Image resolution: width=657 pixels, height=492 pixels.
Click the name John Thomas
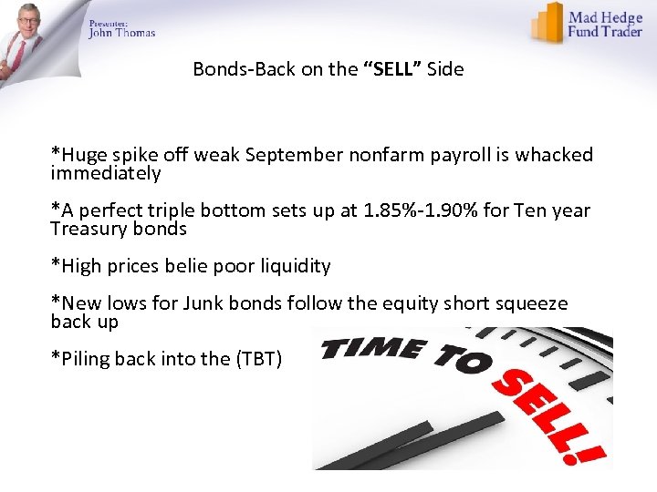[122, 33]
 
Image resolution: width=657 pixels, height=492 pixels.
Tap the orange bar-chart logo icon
[547, 23]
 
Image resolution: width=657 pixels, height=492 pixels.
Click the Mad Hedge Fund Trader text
[606, 25]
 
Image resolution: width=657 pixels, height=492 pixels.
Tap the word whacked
[556, 156]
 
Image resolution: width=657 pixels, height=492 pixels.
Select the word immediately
[106, 173]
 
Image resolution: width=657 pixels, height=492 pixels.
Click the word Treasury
[87, 229]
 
